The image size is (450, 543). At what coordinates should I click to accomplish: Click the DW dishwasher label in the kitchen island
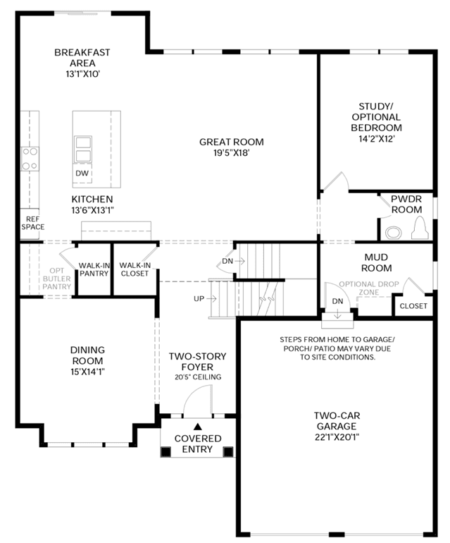82,173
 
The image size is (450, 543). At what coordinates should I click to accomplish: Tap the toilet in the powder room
420,228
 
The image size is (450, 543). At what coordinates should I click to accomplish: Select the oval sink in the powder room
393,233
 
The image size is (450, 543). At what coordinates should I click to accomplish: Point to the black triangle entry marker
197,427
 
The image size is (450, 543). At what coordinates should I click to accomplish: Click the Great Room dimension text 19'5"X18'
232,153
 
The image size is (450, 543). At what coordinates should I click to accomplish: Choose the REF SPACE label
33,223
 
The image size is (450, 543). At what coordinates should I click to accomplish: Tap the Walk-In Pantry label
94,269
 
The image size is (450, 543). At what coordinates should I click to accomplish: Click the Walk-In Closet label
135,269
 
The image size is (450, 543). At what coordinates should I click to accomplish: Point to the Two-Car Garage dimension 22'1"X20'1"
337,437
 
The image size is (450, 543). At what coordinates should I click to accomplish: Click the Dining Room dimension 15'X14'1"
87,372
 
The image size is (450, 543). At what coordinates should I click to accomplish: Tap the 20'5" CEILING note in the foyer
198,377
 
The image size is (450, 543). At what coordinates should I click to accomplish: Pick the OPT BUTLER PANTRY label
57,279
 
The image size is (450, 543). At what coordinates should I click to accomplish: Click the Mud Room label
376,262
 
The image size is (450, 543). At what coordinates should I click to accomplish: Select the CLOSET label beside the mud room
413,306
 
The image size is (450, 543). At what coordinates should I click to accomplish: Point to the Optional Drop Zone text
369,288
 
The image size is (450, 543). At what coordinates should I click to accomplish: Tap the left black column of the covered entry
166,452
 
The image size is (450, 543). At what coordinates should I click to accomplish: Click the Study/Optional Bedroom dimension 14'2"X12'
377,139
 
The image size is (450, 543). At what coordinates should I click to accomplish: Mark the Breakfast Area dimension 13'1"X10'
82,74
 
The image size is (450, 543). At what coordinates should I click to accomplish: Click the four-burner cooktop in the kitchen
30,159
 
